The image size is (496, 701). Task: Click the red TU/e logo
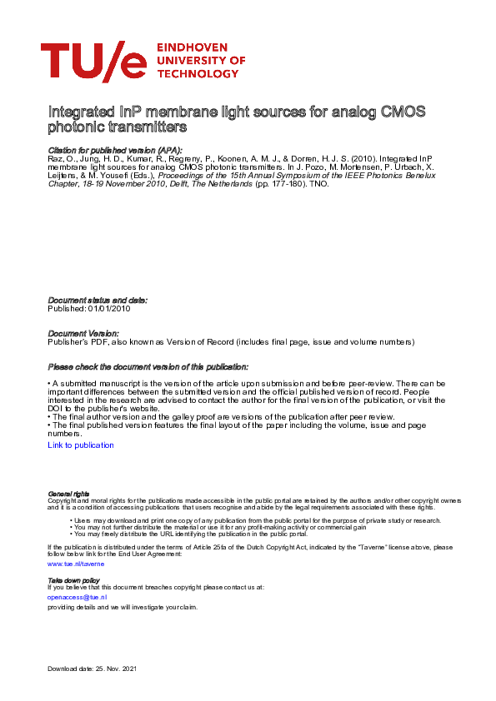[93, 62]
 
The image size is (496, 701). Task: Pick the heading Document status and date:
[98, 300]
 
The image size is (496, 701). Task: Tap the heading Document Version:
[83, 333]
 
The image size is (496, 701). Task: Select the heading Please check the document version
[148, 366]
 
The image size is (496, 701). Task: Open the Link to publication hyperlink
[81, 445]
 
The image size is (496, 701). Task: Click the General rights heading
[69, 494]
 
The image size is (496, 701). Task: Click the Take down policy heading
[73, 579]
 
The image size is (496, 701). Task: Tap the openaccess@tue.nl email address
[78, 597]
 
